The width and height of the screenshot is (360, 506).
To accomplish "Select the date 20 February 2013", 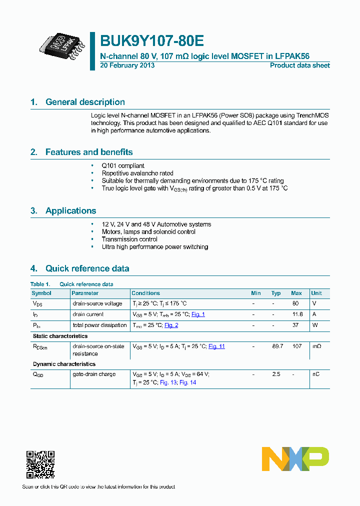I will click(127, 65).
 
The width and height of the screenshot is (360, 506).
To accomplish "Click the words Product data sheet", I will click(299, 65).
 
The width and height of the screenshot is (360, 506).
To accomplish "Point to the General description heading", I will click(85, 102).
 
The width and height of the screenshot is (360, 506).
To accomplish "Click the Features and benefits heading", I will click(89, 152).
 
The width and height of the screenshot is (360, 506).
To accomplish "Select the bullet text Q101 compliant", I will click(123, 165).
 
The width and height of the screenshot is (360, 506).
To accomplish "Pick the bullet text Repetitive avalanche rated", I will click(137, 173).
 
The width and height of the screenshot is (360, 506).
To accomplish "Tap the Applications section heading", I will click(70, 210).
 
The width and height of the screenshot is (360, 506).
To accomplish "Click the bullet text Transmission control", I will click(129, 239).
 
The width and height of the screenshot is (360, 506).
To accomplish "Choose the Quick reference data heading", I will click(87, 268).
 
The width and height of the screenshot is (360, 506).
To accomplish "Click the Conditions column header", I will click(145, 293).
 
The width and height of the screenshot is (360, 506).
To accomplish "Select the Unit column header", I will click(316, 293).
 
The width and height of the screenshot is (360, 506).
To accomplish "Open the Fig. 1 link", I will click(198, 314).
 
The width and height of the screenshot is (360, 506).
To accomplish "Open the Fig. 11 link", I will click(216, 346).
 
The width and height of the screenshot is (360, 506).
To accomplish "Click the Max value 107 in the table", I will click(296, 346).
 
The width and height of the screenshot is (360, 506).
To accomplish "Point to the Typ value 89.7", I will click(276, 346).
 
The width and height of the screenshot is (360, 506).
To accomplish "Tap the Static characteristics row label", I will click(60, 336).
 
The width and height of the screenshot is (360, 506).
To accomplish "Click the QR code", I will click(40, 464).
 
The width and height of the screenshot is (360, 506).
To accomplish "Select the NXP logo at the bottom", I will click(295, 459).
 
